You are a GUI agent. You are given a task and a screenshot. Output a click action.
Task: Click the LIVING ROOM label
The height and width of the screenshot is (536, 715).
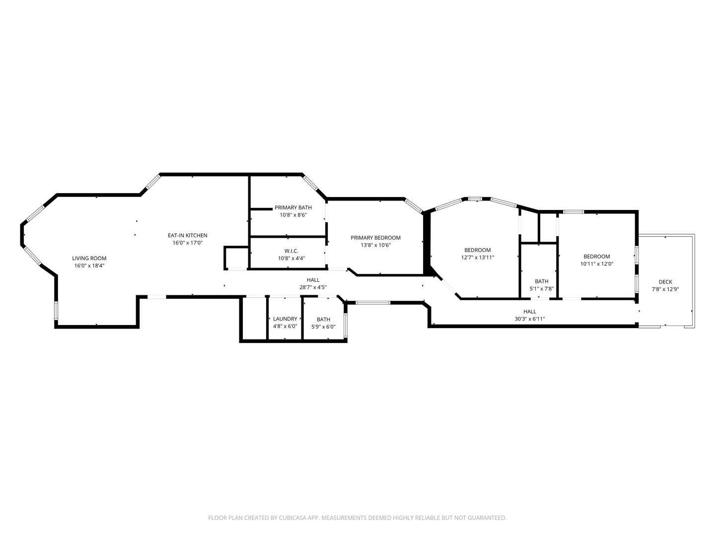[x=89, y=258]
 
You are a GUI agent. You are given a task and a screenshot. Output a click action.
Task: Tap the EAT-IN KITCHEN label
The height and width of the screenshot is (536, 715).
[x=187, y=235]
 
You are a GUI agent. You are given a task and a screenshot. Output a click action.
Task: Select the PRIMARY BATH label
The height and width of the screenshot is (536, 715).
[x=293, y=207]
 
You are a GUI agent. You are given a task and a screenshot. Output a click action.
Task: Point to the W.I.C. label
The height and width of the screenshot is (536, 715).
[x=291, y=251]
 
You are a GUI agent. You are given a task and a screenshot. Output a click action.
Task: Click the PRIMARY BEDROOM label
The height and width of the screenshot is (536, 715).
[x=375, y=238]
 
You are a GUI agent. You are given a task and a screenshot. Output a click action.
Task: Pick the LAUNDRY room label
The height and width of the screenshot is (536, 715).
[x=285, y=319]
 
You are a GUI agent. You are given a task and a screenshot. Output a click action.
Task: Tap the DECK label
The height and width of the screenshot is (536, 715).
[x=665, y=282]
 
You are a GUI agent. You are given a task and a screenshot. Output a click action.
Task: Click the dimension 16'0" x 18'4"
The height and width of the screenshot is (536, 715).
[x=89, y=266]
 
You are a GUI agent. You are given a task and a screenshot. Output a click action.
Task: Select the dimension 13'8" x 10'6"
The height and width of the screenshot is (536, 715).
[x=375, y=245]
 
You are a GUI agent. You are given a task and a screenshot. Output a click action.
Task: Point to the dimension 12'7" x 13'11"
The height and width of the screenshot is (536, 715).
[x=478, y=258]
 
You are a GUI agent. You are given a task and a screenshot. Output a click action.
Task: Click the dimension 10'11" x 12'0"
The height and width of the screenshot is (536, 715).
[x=597, y=264]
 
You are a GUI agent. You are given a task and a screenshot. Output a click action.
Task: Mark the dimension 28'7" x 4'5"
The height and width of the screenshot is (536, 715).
[x=313, y=287]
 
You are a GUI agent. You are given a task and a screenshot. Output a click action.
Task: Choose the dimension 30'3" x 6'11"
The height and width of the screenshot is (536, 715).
[x=530, y=319]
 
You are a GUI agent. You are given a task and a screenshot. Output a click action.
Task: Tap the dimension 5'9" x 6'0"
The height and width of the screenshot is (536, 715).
[x=323, y=327]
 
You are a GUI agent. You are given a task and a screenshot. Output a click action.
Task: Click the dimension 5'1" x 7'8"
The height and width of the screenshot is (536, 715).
[x=542, y=289]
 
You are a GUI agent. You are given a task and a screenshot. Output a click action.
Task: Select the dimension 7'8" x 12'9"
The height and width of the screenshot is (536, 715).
[x=665, y=289]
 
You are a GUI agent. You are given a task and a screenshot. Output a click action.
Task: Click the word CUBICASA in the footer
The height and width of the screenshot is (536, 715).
[x=292, y=518]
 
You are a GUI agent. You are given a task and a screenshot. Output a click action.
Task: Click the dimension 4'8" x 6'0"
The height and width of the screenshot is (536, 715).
[x=285, y=326]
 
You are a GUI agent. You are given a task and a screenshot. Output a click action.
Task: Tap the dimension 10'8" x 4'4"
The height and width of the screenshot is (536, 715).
[x=291, y=259]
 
